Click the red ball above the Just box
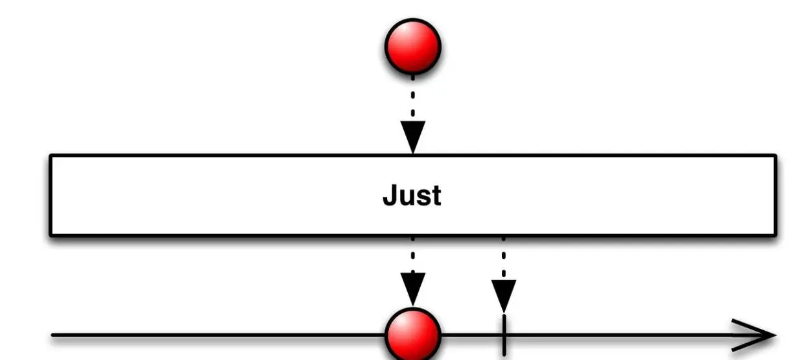[x=413, y=47]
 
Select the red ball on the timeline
[x=413, y=335]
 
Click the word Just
[x=412, y=195]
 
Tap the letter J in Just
[x=390, y=195]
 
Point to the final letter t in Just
[x=436, y=195]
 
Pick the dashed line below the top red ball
[x=412, y=97]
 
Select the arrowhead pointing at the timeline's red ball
[x=412, y=289]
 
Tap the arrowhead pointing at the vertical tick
[x=504, y=295]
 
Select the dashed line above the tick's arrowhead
[x=504, y=256]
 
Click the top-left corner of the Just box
[x=51, y=156]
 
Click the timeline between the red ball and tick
[x=472, y=335]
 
